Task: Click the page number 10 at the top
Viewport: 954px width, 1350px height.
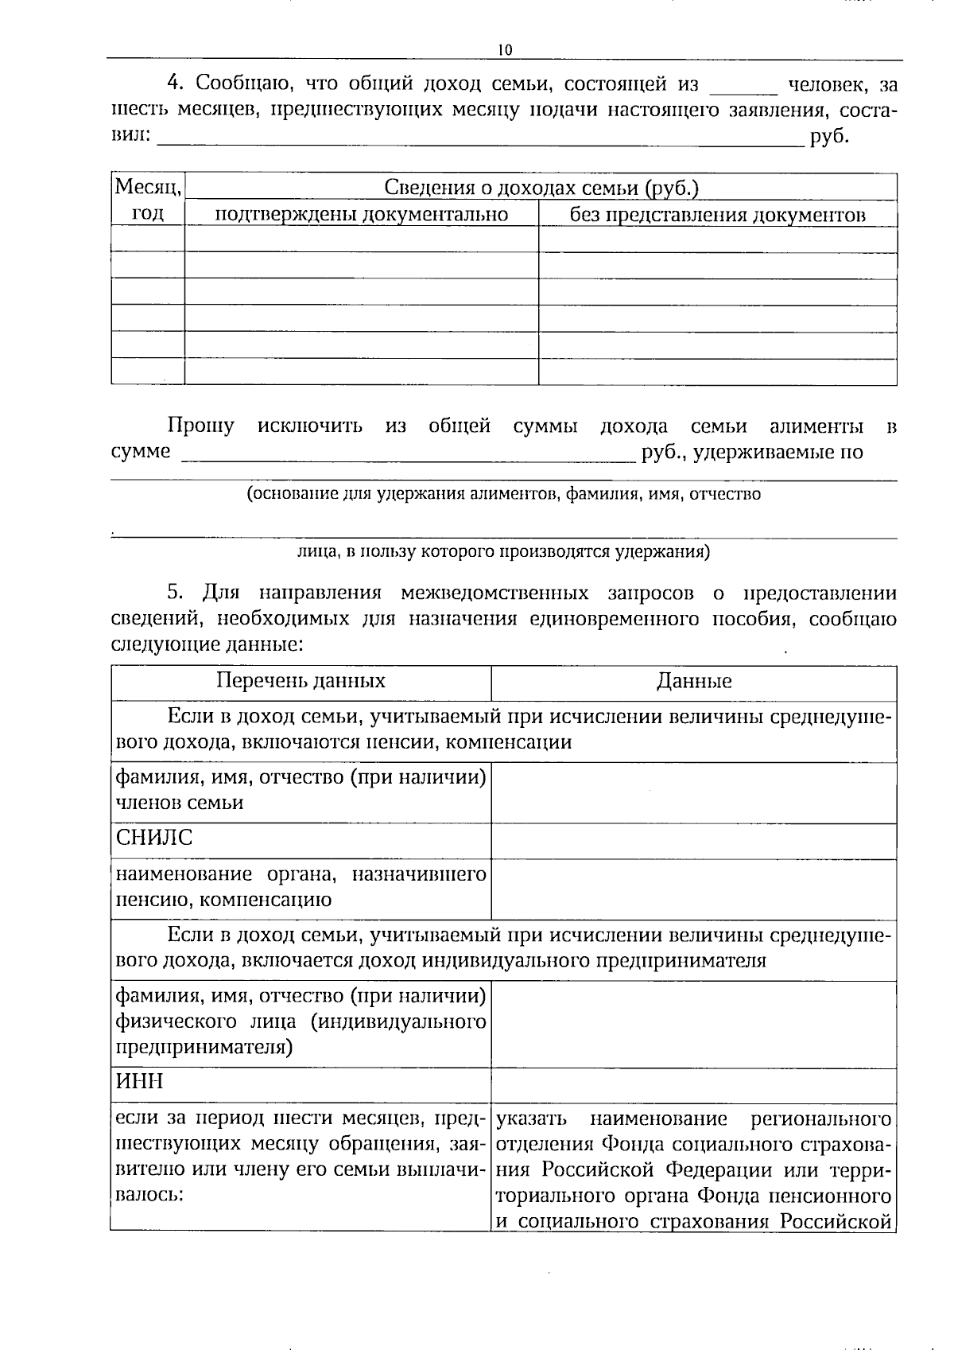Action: [505, 50]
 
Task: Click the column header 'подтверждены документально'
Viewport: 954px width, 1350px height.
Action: [362, 215]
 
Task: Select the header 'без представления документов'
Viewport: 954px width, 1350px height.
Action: [717, 215]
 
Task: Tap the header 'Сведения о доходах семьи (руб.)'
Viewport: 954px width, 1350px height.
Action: [541, 188]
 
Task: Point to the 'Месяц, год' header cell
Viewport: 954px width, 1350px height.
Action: [148, 200]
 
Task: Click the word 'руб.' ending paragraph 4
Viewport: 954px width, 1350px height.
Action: [829, 137]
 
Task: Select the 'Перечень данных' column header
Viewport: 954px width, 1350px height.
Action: [301, 681]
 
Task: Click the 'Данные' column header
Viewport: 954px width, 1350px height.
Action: [694, 682]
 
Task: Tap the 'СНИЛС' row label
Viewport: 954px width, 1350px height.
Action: [154, 838]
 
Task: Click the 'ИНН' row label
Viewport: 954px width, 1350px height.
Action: [139, 1082]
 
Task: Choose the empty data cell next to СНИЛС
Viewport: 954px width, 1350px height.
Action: [693, 840]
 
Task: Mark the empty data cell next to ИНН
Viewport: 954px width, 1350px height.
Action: [693, 1084]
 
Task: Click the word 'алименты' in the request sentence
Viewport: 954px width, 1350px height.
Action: [816, 426]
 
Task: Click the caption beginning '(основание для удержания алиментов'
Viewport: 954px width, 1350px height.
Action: [503, 494]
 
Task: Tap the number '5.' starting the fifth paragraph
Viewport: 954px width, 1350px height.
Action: [176, 593]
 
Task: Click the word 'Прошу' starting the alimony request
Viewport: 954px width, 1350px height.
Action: [201, 426]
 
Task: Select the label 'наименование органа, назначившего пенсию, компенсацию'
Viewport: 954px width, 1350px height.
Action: [301, 887]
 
